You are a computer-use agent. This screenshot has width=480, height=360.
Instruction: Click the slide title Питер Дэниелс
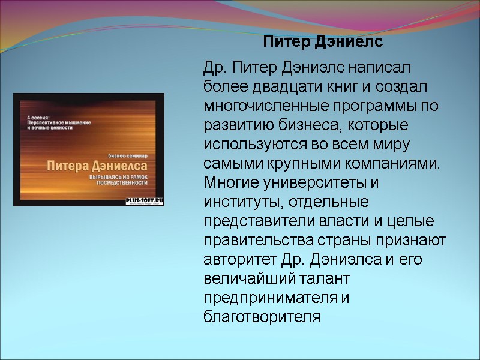323,43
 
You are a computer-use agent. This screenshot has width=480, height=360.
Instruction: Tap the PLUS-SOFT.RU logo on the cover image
144,199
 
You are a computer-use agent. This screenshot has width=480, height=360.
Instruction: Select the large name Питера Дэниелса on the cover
92,166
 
